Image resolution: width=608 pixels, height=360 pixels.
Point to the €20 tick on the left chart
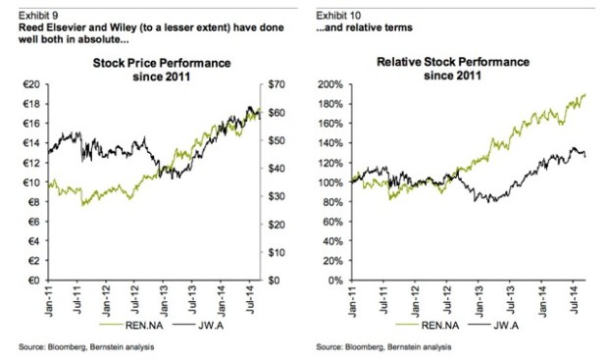coord(29,84)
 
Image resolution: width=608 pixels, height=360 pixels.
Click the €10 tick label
coord(29,182)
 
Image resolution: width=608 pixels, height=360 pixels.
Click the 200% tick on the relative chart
coord(331,84)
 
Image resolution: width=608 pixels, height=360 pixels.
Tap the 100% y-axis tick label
coord(331,182)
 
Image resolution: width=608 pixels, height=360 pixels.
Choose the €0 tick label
coord(32,281)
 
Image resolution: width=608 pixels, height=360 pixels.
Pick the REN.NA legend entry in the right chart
coord(430,321)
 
